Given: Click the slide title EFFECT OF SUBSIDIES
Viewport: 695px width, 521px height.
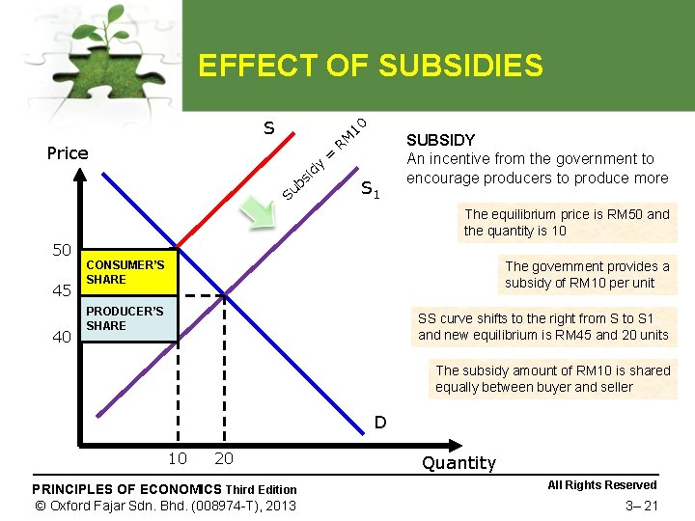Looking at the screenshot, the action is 370,66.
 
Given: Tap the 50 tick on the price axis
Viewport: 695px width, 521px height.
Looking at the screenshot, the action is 62,251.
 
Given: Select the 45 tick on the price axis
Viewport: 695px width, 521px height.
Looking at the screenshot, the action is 61,290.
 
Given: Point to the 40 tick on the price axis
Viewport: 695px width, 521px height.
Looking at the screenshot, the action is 61,337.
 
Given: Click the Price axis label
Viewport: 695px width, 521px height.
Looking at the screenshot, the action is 68,152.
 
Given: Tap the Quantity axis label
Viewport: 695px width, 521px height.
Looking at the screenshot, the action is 459,463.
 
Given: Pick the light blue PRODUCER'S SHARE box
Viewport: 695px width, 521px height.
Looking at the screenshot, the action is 129,319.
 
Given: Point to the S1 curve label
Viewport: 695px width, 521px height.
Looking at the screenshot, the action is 371,190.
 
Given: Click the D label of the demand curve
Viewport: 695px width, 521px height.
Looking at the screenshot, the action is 380,422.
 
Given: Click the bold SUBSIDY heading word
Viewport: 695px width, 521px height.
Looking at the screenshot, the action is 440,140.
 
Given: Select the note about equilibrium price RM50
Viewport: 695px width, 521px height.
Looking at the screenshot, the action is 566,223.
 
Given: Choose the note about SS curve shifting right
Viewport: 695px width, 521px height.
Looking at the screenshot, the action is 542,327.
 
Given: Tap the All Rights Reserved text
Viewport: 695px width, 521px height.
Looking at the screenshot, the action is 601,485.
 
